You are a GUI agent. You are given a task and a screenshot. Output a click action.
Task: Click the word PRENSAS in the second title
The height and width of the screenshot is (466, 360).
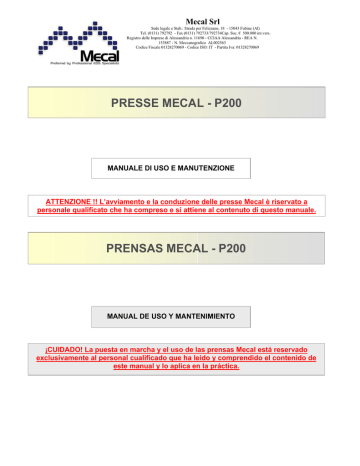click(141, 244)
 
